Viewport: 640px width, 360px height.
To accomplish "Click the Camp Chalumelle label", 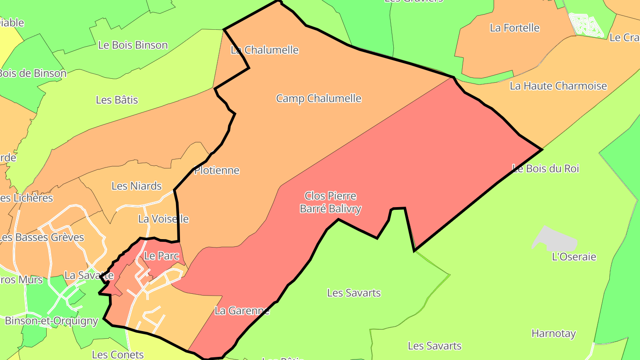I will pos(319,98).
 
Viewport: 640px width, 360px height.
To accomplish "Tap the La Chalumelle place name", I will pos(264,50).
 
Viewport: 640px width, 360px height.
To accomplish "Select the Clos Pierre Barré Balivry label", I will pos(330,202).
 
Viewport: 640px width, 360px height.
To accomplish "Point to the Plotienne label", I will pos(217,170).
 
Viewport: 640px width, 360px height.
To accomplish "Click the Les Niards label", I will pos(136,186).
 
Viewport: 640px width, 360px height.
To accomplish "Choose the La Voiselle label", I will pos(163,219).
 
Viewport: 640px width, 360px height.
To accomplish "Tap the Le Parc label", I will pos(161,256).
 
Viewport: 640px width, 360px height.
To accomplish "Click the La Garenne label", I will pos(242,311).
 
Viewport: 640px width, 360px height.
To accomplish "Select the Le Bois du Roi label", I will pos(545,168).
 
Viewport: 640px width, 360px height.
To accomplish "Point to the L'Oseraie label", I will pos(574,256).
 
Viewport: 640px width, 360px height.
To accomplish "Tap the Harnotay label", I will pos(553,333).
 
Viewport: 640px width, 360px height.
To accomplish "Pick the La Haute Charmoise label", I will pos(558,86).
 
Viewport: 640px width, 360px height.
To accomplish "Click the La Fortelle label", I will pos(514,28).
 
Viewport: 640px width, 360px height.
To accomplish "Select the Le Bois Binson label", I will pos(133,45).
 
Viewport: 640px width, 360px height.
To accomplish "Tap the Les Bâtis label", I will pos(117,100).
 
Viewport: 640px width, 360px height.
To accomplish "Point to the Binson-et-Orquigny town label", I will pos(51,320).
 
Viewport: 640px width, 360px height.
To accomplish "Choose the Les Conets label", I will pos(118,354).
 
